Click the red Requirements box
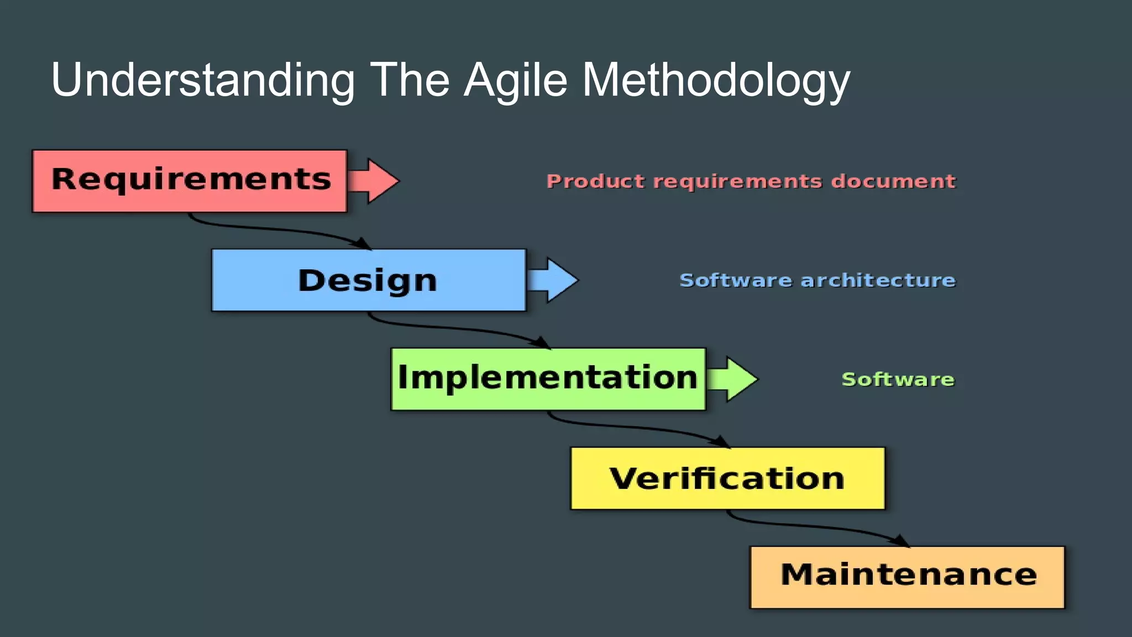[190, 181]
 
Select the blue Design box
[369, 280]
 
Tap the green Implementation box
[548, 379]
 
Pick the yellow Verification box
[727, 478]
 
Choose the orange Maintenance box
[907, 577]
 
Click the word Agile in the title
[516, 81]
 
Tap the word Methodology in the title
[716, 81]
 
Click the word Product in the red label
[595, 181]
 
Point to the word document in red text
[893, 181]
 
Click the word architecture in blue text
[878, 280]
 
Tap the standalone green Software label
[898, 379]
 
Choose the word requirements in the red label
[737, 181]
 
